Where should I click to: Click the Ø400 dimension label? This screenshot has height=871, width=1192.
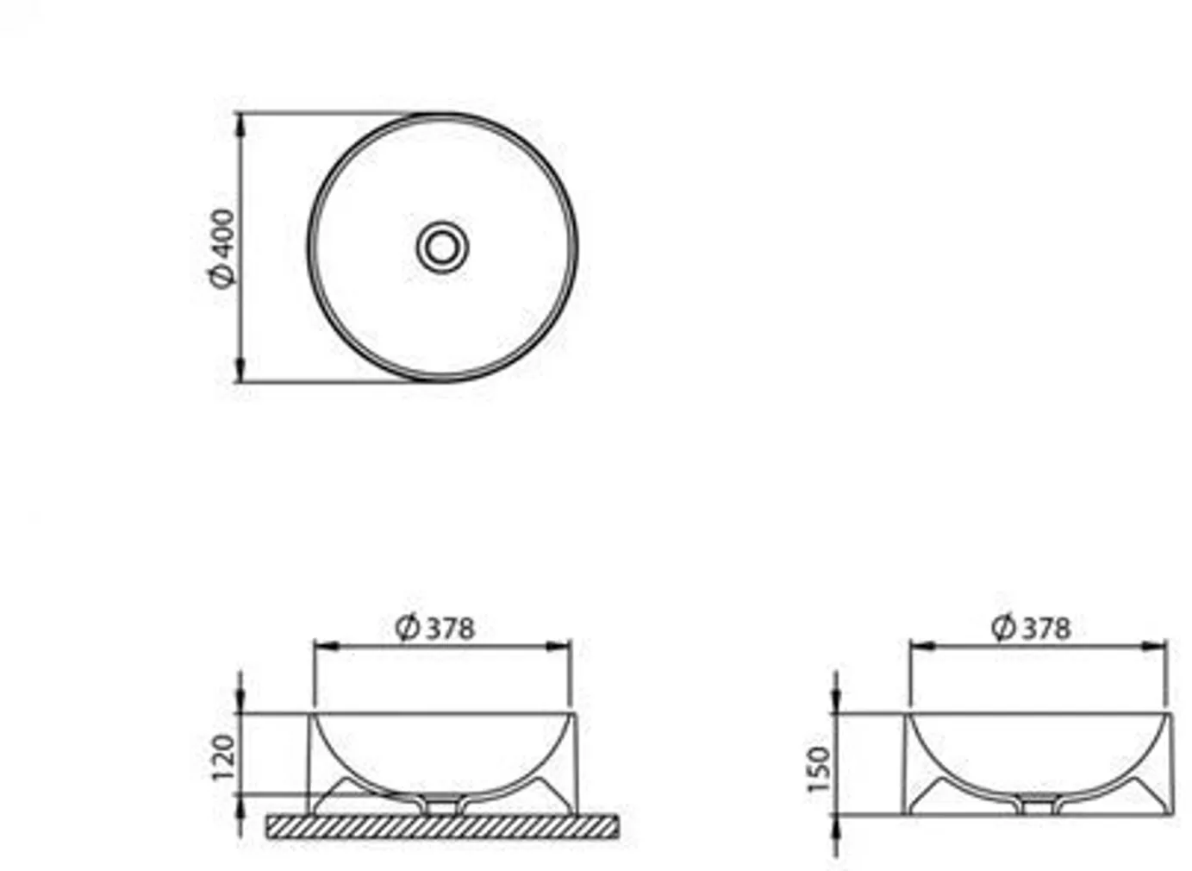click(222, 248)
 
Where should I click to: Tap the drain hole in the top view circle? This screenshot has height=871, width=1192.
click(442, 248)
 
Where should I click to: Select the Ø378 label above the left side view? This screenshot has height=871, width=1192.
click(435, 627)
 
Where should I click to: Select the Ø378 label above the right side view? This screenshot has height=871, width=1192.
click(1031, 627)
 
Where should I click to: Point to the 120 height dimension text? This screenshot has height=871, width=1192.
click(223, 757)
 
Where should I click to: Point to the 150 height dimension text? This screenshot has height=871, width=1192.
click(820, 769)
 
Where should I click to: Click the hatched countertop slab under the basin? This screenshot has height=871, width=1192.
click(442, 826)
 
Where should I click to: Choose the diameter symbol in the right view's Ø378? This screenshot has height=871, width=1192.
click(1003, 627)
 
